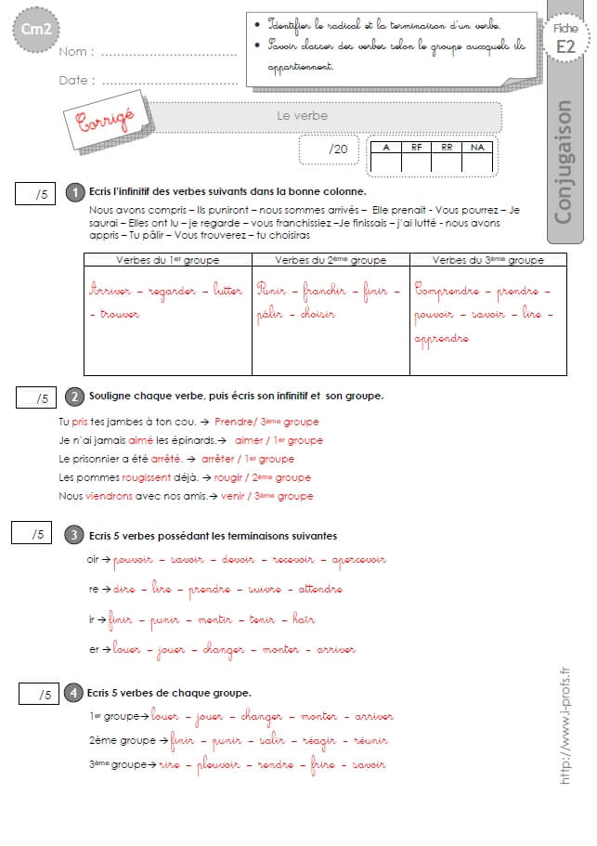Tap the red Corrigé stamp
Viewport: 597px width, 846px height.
point(99,117)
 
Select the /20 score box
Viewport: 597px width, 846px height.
point(331,150)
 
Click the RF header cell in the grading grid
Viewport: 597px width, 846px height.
point(416,147)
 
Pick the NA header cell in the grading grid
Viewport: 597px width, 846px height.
point(477,147)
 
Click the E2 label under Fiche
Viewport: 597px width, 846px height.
point(565,46)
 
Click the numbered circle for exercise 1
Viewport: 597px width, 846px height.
point(75,192)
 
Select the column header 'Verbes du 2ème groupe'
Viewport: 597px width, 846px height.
point(331,260)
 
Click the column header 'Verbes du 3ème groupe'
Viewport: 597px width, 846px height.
point(487,260)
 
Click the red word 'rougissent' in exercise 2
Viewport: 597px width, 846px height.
point(147,477)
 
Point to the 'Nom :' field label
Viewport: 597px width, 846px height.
point(75,53)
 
